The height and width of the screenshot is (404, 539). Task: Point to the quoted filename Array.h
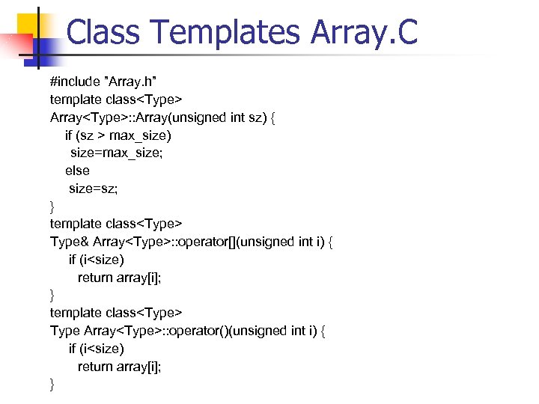pos(135,82)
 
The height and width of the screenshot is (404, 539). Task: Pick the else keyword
pos(77,171)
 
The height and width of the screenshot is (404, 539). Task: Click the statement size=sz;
pos(93,188)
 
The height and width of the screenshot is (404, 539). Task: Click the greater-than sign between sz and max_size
pos(100,135)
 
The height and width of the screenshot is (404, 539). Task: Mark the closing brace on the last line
pos(52,385)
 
